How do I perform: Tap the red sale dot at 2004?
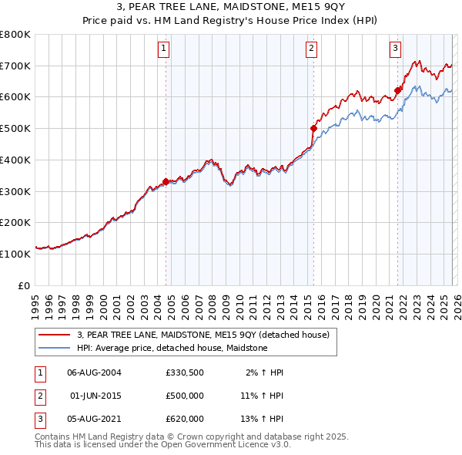point(166,181)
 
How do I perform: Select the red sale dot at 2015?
point(313,128)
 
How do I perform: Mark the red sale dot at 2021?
point(398,90)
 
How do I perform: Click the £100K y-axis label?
point(15,254)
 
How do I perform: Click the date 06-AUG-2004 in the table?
point(94,372)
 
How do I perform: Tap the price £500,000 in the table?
point(185,396)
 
